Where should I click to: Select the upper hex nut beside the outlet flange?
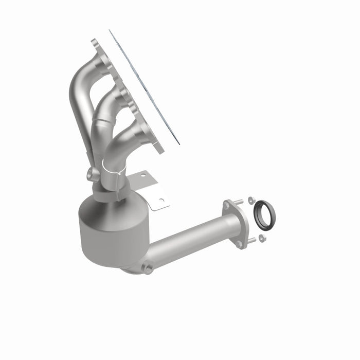(250, 200)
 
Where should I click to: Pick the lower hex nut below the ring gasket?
(262, 238)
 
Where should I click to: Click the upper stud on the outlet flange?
(239, 202)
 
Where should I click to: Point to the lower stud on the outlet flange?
(252, 240)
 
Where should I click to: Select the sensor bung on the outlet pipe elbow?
(148, 268)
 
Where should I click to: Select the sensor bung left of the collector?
(91, 173)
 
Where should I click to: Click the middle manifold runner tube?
(103, 111)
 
